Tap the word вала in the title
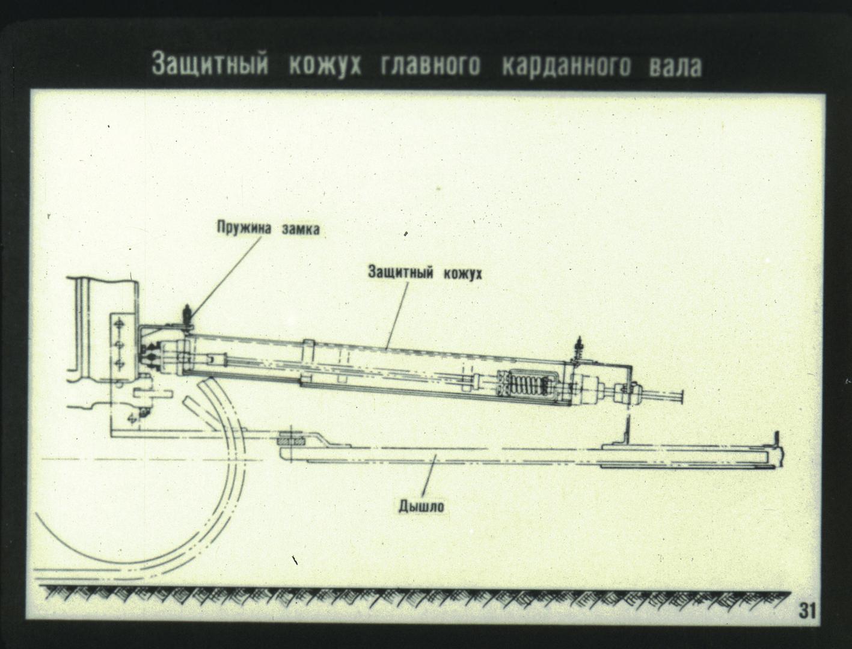click(x=675, y=66)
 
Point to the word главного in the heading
click(x=430, y=65)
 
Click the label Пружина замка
click(x=268, y=228)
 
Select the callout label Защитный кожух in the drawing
click(x=424, y=273)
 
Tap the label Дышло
click(x=421, y=506)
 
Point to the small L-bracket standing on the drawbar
click(x=627, y=433)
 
